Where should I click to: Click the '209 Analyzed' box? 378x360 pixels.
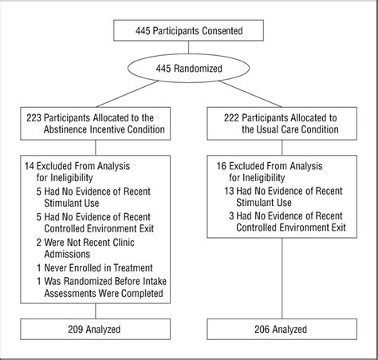(96, 329)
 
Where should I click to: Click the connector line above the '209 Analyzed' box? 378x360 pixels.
(96, 312)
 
